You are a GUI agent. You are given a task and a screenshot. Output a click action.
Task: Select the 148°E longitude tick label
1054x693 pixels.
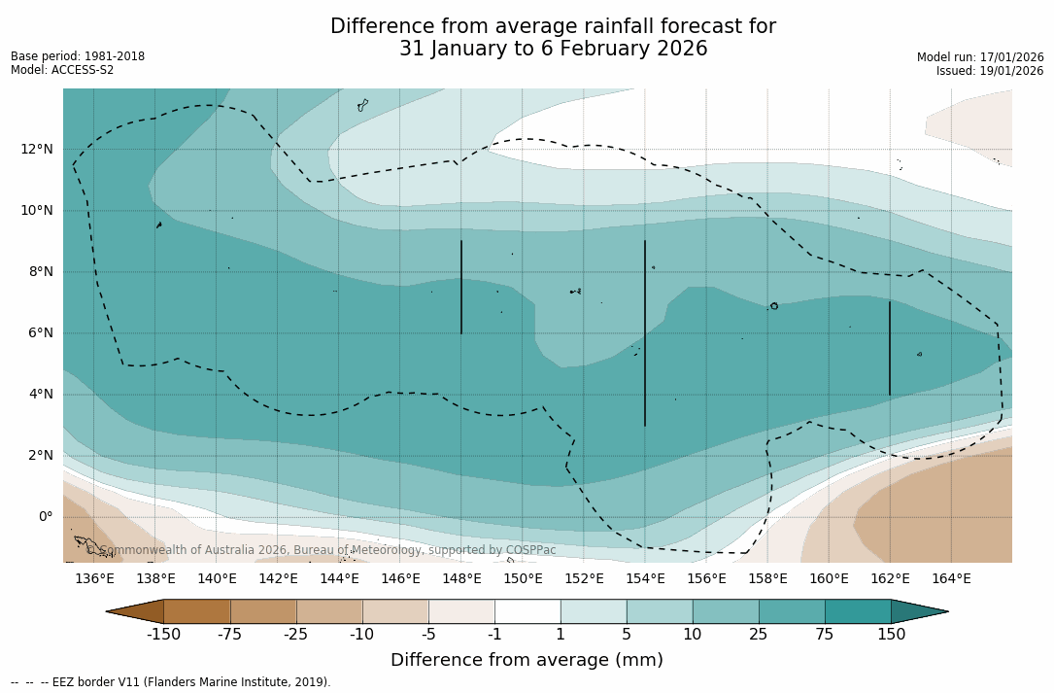click(x=461, y=579)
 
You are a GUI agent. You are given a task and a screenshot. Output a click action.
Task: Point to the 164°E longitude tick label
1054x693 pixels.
click(x=951, y=579)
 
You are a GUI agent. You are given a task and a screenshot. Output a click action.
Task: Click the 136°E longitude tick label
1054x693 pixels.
click(x=94, y=579)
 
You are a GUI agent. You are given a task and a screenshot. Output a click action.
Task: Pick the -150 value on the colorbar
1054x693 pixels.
click(x=164, y=635)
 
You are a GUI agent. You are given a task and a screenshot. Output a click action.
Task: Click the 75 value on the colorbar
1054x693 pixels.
click(x=825, y=635)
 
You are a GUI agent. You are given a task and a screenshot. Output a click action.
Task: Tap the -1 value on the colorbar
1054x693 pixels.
click(x=494, y=635)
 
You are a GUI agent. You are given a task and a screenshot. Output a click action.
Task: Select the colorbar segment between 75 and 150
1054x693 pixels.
click(x=858, y=611)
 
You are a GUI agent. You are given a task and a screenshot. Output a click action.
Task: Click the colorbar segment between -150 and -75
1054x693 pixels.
click(x=197, y=611)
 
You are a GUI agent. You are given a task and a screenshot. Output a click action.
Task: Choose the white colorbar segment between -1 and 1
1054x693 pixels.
click(x=527, y=611)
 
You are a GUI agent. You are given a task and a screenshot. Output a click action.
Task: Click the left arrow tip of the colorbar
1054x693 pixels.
click(x=108, y=611)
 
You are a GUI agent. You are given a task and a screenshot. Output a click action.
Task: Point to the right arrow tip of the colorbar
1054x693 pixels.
click(x=946, y=611)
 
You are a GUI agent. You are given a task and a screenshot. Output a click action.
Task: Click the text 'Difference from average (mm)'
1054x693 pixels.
click(x=527, y=660)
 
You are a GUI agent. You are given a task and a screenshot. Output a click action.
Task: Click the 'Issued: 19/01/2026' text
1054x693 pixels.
click(x=990, y=71)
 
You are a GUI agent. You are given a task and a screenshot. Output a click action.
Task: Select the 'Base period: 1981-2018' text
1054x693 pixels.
click(x=78, y=56)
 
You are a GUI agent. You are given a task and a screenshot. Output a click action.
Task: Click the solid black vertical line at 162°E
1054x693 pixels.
click(x=890, y=348)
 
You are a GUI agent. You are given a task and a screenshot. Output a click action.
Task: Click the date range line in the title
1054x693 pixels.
click(x=553, y=49)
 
